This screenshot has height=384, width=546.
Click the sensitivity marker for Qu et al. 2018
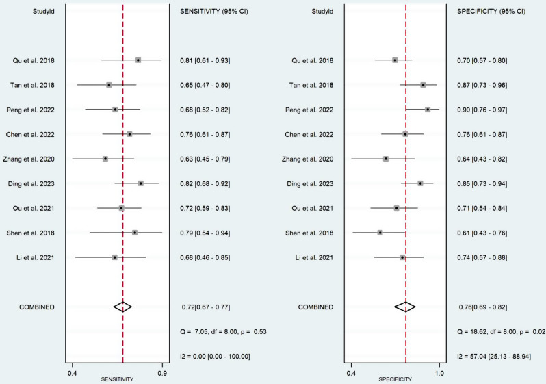coord(138,60)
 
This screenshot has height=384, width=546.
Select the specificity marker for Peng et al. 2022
coord(428,110)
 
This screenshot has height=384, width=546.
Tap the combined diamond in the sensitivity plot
coord(122,307)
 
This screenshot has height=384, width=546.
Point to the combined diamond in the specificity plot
coord(405,307)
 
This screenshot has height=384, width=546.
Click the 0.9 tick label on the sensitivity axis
coord(162,374)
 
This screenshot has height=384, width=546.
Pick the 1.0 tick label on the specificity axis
coord(439,374)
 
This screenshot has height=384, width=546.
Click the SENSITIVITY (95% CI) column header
coord(213,12)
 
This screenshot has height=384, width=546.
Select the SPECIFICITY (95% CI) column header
coord(491,12)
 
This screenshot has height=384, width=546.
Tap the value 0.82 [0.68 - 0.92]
coord(205,183)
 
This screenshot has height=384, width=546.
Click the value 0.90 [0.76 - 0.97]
coord(482,110)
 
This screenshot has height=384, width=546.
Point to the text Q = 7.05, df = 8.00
coord(209,332)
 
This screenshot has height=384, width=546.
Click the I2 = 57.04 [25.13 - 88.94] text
coord(494,357)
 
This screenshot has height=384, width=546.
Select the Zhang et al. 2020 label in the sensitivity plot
coord(29,159)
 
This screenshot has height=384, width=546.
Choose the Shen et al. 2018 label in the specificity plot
coord(309,233)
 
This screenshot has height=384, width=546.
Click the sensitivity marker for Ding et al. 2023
coord(141,183)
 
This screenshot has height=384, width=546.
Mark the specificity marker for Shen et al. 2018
coord(380,233)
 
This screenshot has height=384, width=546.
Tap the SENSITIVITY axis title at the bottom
coord(118,379)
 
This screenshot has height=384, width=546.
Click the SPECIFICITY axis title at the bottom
coord(395,379)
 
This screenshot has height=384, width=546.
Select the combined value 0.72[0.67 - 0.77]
coord(206,307)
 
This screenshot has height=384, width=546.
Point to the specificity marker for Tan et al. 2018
coord(423,85)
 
